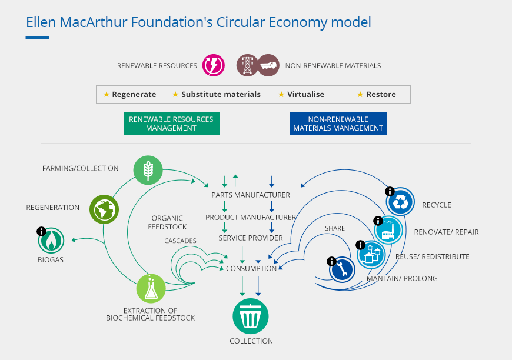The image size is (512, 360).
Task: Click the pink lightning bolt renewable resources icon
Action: [213, 65]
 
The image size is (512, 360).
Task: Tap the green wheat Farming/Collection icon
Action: [148, 169]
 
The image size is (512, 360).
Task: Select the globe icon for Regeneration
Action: [104, 208]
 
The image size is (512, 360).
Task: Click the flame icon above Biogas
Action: [52, 241]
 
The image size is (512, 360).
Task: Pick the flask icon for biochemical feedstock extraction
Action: [151, 288]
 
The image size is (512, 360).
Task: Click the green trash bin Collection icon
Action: [251, 316]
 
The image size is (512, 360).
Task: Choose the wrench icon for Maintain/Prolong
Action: [343, 269]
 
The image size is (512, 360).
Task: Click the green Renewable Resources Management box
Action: [171, 124]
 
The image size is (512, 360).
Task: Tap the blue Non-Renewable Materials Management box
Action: [338, 124]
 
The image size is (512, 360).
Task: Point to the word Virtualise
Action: [305, 94]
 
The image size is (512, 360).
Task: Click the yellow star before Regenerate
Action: [106, 94]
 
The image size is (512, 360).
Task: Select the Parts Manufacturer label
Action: [251, 195]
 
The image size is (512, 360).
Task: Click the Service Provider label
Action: [251, 238]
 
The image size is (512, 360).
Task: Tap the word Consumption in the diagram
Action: [251, 268]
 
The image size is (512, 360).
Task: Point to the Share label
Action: [335, 228]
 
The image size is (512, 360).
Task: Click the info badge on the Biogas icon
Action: [41, 231]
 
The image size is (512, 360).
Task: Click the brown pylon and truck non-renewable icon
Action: [258, 65]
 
